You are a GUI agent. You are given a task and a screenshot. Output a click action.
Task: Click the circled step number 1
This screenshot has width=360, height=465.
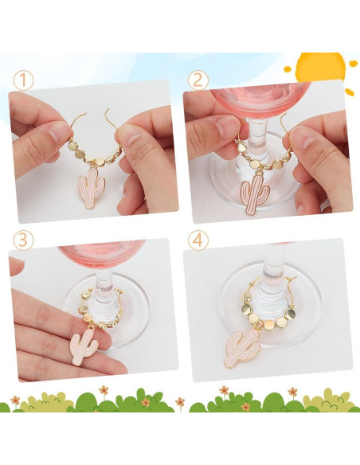22,80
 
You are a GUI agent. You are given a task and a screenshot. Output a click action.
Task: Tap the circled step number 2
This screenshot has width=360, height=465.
198,80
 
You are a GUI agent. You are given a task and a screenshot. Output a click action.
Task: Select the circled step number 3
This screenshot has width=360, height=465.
22,240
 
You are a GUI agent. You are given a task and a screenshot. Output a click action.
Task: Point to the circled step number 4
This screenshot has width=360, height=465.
198,240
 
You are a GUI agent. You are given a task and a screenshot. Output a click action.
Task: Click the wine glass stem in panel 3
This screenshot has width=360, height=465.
102,279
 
